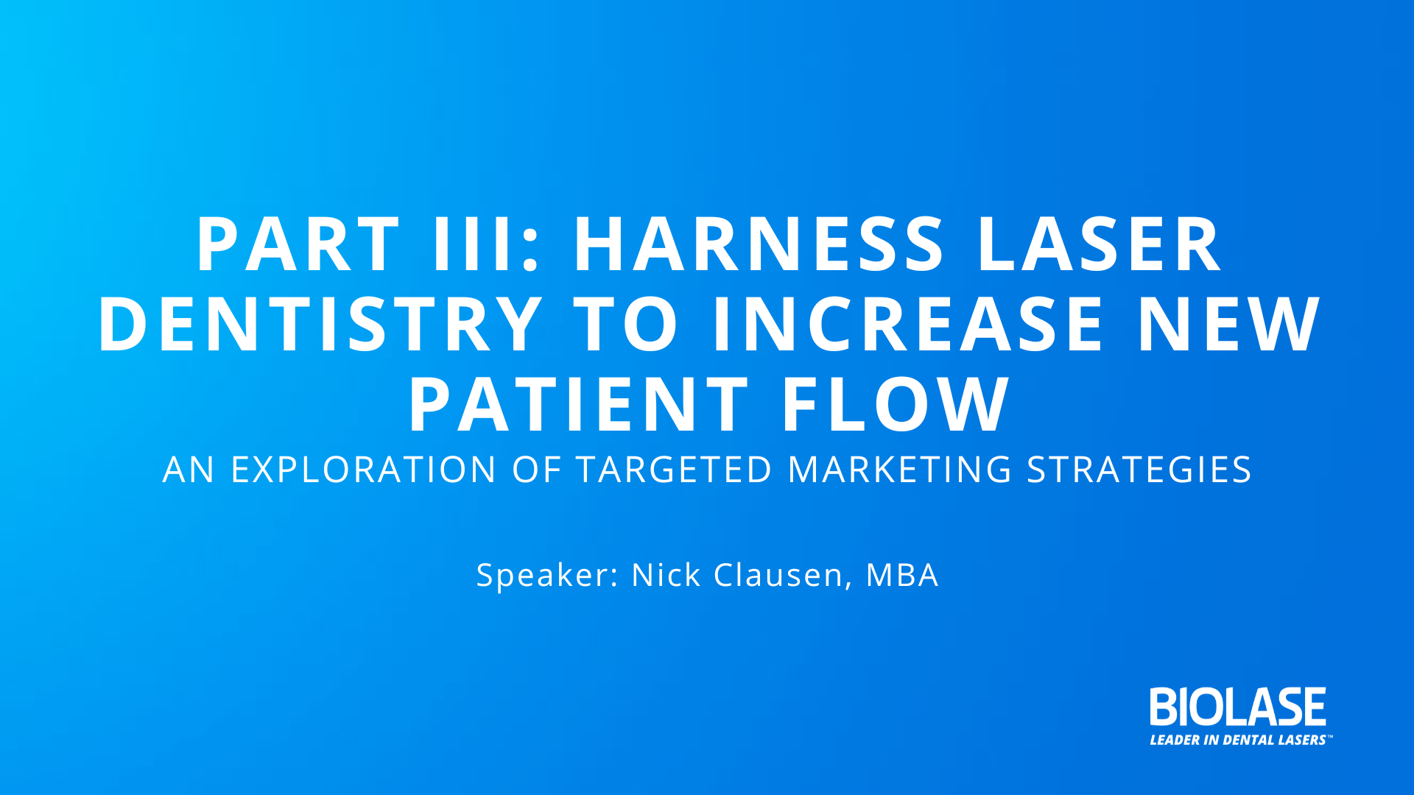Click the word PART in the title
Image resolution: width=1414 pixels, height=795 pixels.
(x=298, y=244)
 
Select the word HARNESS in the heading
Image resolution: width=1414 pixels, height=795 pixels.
(x=759, y=244)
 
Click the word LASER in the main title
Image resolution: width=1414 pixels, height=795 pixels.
(x=1100, y=244)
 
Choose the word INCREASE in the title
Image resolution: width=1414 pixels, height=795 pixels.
(x=907, y=324)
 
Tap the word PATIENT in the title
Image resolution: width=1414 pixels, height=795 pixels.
(x=579, y=403)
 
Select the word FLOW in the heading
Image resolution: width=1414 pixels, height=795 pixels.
(x=896, y=403)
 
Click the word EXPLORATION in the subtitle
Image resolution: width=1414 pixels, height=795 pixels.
(x=364, y=470)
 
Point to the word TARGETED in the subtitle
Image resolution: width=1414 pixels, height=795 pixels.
(x=674, y=470)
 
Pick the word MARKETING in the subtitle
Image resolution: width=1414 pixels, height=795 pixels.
(x=900, y=470)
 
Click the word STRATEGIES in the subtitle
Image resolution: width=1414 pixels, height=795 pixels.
(x=1139, y=470)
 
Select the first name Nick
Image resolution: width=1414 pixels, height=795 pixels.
(x=666, y=574)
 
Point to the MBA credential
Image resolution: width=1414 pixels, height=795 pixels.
(x=902, y=574)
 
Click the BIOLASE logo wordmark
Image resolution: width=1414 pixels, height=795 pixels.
(x=1238, y=707)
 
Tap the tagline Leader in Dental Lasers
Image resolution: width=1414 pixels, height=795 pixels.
(x=1239, y=740)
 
